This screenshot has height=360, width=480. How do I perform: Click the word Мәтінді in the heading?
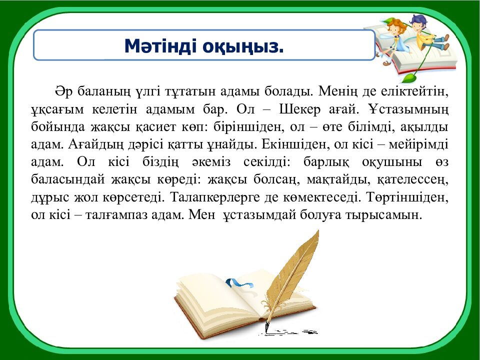point(160,46)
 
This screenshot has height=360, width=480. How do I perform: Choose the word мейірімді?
point(421,145)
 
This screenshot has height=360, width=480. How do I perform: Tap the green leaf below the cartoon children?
point(410,77)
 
